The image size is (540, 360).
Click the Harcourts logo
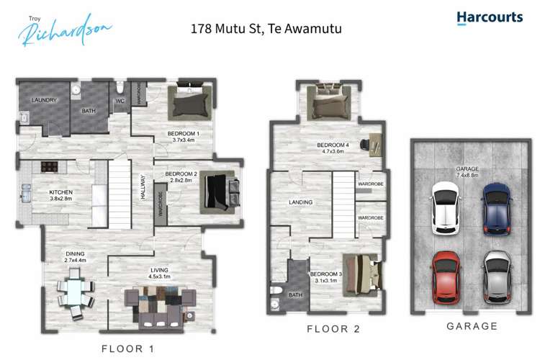tap(489, 17)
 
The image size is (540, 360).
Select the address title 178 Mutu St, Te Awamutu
tap(265, 30)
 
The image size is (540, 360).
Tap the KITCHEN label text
tap(61, 192)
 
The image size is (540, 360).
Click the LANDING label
tap(300, 202)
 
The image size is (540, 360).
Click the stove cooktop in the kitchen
tap(50, 167)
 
